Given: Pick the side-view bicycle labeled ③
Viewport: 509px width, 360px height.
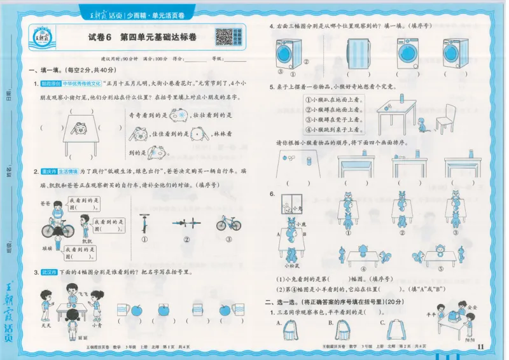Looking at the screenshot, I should click(x=228, y=223).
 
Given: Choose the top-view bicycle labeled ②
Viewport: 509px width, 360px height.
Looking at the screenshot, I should click(x=186, y=223).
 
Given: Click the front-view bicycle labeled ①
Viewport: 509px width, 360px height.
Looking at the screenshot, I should click(x=145, y=223).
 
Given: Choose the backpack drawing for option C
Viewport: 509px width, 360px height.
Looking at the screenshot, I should click(x=397, y=331).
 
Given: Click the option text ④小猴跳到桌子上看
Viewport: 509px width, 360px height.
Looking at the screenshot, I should click(x=332, y=129).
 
